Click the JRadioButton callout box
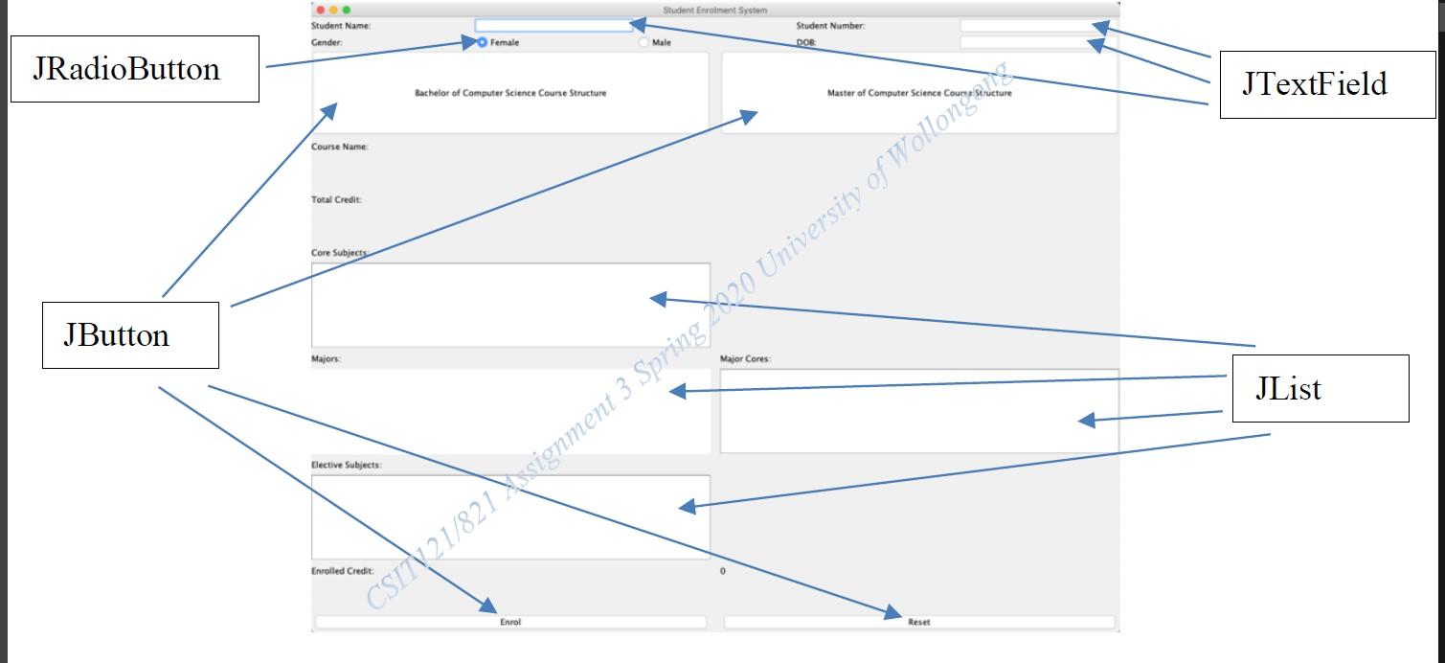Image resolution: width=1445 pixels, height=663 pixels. pos(135,69)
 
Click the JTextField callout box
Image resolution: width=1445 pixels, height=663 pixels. pos(1327,84)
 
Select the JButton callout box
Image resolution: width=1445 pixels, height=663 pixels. pos(130,335)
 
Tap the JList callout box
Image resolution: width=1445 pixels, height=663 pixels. pos(1321,389)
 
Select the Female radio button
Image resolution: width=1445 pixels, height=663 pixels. pos(482,42)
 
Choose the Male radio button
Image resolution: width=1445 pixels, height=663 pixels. pos(643,42)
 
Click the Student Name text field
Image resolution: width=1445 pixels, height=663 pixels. pos(553,26)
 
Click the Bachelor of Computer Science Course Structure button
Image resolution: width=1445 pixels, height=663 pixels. pos(510,93)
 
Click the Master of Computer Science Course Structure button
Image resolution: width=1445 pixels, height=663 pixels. pos(919,93)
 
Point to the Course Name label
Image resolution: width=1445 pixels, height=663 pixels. pos(339,147)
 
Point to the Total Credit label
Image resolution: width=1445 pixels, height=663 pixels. pos(336,199)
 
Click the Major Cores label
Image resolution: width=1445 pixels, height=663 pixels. pos(745,359)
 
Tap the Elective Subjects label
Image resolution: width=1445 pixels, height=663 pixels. pos(346,465)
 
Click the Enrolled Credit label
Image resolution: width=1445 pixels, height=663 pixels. pos(342,571)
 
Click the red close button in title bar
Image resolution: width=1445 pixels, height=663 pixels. pos(321,10)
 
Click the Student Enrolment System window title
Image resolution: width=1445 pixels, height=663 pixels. pos(714,11)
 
